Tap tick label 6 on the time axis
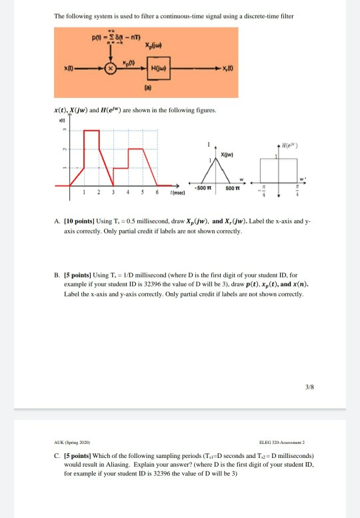[x=156, y=191]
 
